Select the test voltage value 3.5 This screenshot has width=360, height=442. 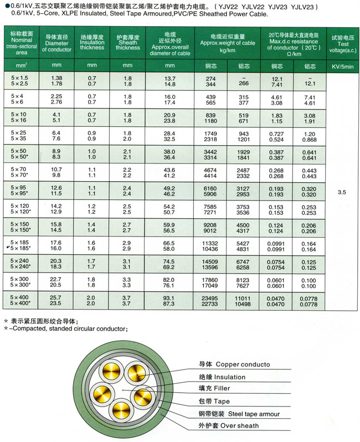(341, 192)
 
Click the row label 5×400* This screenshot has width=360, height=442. (20, 304)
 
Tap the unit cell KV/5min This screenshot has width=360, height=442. (341, 66)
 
